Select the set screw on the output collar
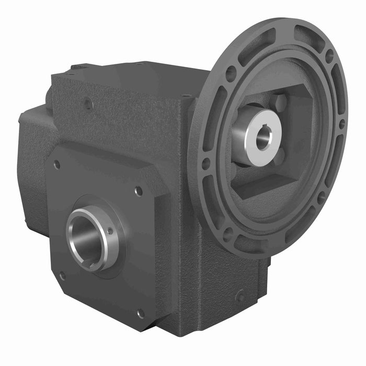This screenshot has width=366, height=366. [x=110, y=231]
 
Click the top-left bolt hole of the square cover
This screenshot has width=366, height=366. [x=56, y=165]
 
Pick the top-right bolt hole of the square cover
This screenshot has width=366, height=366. [x=139, y=191]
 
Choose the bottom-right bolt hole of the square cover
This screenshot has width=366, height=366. [x=140, y=313]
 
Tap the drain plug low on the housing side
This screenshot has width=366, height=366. [x=240, y=296]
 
